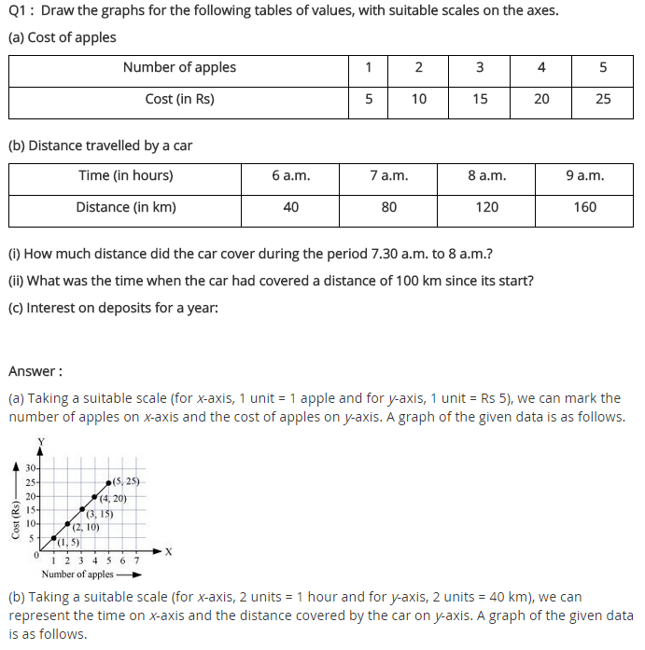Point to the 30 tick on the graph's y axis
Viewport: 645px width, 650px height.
coord(31,467)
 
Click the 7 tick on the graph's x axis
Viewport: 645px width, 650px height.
coord(136,560)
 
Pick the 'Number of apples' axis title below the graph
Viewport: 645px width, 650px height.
coord(77,574)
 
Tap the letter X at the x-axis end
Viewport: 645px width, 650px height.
coord(168,552)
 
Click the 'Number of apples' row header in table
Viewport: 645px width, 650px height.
coord(179,67)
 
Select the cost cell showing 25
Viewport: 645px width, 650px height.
coord(603,99)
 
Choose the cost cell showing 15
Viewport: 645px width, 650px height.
coord(480,99)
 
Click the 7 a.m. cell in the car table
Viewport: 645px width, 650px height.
coord(388,175)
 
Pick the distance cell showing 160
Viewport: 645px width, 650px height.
coord(585,207)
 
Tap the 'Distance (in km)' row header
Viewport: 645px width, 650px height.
coord(126,207)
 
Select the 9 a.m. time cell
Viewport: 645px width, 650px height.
coord(585,175)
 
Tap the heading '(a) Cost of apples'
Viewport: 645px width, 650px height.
coord(63,38)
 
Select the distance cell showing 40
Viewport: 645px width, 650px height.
coord(290,207)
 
